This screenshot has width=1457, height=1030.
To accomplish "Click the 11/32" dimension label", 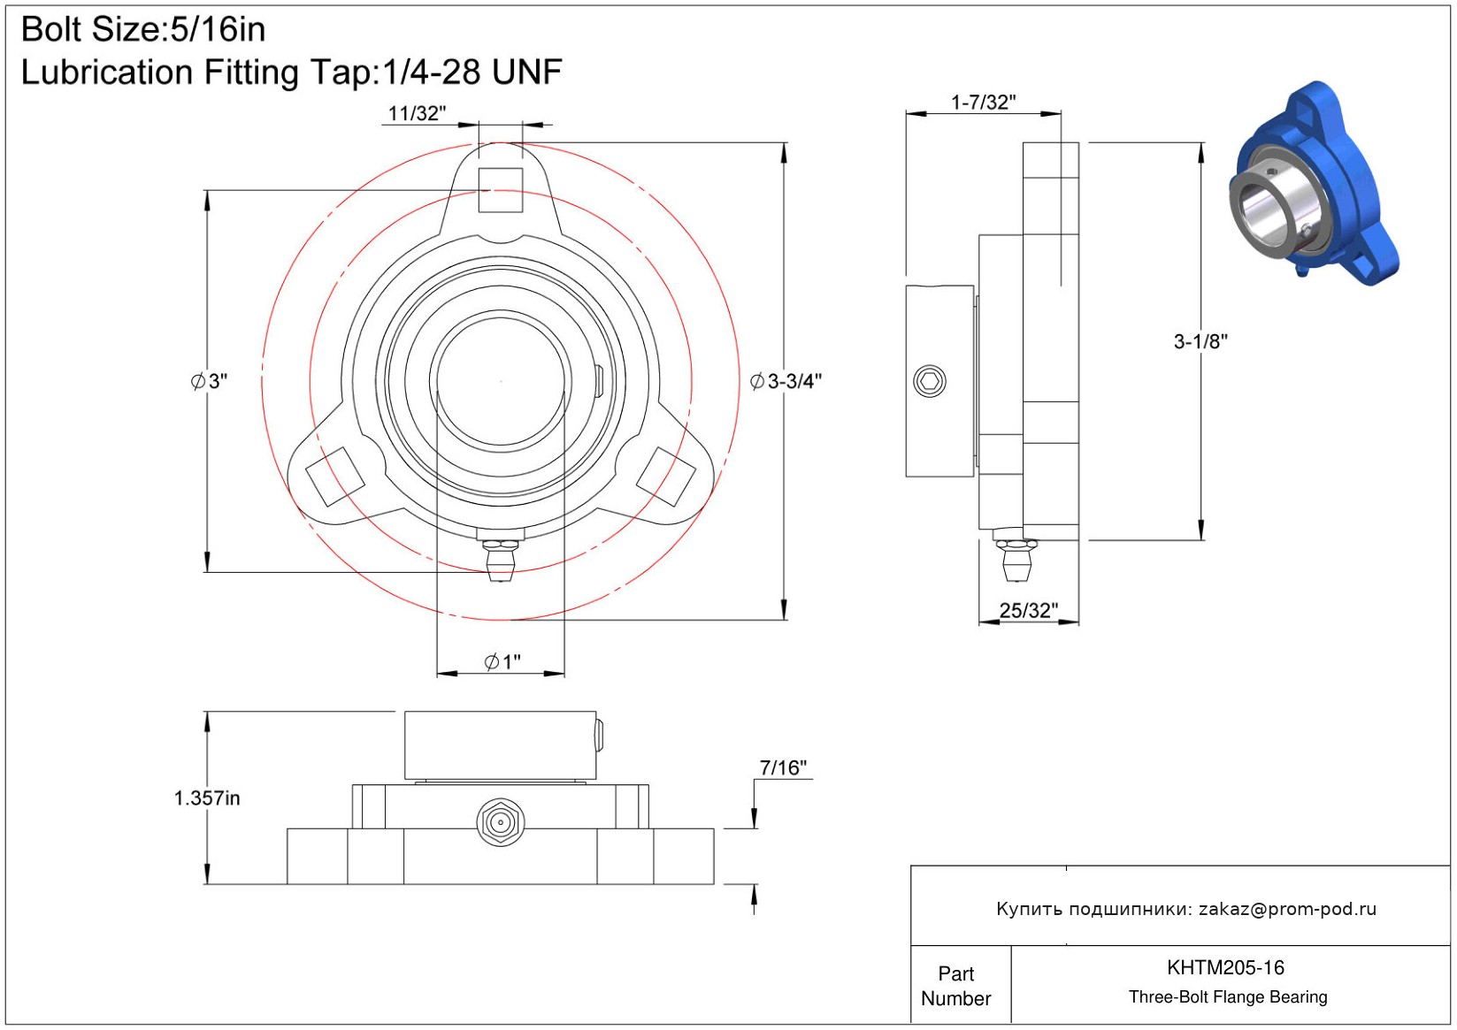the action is click(x=417, y=113).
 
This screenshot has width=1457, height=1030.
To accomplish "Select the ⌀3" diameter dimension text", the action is click(x=209, y=381).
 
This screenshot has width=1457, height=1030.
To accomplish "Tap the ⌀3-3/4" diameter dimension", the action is click(x=786, y=381).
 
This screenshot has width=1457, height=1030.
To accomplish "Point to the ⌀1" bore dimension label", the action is click(x=502, y=662).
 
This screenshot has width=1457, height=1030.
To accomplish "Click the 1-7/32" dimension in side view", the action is click(x=983, y=102).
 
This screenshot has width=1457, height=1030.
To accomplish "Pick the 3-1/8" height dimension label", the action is click(x=1200, y=341).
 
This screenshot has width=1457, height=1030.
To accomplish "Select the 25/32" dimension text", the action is click(x=1028, y=610).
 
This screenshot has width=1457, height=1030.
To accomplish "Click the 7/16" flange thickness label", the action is click(x=783, y=768).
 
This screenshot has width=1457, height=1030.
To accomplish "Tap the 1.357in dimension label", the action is click(x=207, y=797).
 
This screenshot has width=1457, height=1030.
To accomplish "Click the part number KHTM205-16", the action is click(x=1225, y=967).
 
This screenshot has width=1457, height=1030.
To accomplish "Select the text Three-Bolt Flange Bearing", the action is click(x=1228, y=996).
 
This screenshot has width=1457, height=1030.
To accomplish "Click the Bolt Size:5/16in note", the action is click(x=143, y=29).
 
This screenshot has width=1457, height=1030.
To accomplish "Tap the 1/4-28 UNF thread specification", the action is click(x=472, y=72).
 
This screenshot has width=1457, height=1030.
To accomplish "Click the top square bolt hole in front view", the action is click(x=500, y=190).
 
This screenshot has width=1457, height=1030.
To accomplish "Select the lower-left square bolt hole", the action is click(x=335, y=477).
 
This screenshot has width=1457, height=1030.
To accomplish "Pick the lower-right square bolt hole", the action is click(x=665, y=477).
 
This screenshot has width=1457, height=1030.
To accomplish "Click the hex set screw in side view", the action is click(x=930, y=381).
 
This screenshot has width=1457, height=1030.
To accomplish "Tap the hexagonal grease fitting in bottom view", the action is click(x=500, y=822).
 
